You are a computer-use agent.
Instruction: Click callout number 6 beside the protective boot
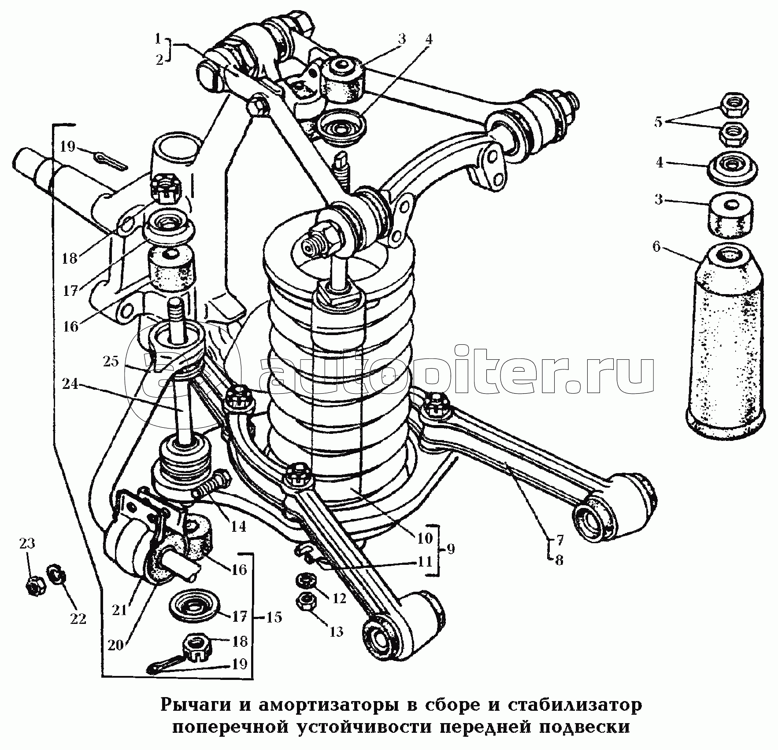point(656,247)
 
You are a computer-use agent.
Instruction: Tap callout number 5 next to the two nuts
point(658,122)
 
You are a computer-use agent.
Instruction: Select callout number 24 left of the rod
point(70,384)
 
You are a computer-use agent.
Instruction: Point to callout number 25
point(111,362)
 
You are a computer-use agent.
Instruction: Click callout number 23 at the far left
point(27,544)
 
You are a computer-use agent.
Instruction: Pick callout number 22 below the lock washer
point(78,619)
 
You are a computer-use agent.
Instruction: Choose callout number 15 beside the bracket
point(274,617)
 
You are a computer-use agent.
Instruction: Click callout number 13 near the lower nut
point(336,632)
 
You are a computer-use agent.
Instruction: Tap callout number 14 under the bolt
point(238,526)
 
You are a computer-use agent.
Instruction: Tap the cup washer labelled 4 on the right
point(733,170)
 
